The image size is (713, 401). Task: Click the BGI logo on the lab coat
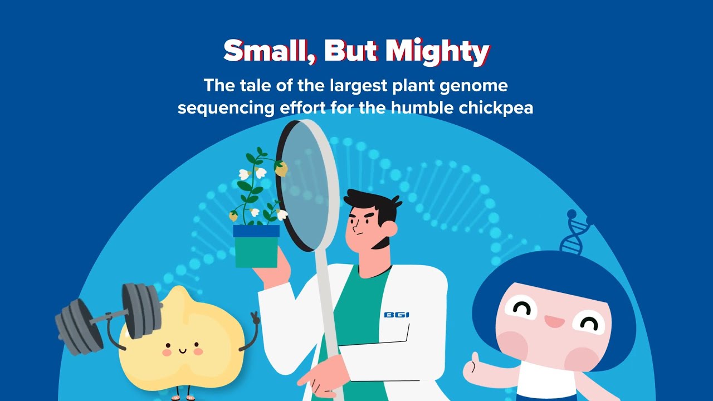click(x=397, y=315)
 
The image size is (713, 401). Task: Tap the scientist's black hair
click(x=373, y=203)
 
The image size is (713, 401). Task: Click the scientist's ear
click(x=390, y=229)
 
